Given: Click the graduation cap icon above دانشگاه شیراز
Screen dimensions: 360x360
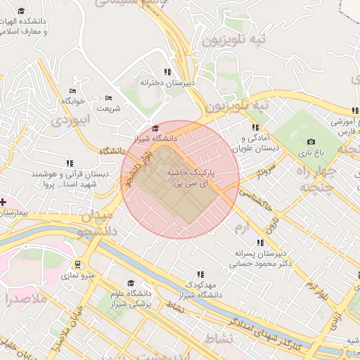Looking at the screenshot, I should (155, 127).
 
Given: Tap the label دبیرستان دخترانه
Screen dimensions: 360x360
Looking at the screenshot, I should (167, 83).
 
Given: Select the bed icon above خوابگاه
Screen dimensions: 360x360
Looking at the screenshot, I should (72, 91).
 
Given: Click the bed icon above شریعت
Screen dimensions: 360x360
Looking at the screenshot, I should (108, 98).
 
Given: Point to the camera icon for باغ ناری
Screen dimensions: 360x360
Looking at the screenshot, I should (311, 141).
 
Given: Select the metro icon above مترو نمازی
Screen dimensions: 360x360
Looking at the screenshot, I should (77, 265).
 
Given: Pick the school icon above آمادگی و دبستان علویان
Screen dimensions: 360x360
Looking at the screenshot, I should (255, 127).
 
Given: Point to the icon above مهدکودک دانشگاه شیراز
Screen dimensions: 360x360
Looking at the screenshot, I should (200, 275).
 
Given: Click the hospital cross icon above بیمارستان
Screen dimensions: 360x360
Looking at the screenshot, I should (4, 202).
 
